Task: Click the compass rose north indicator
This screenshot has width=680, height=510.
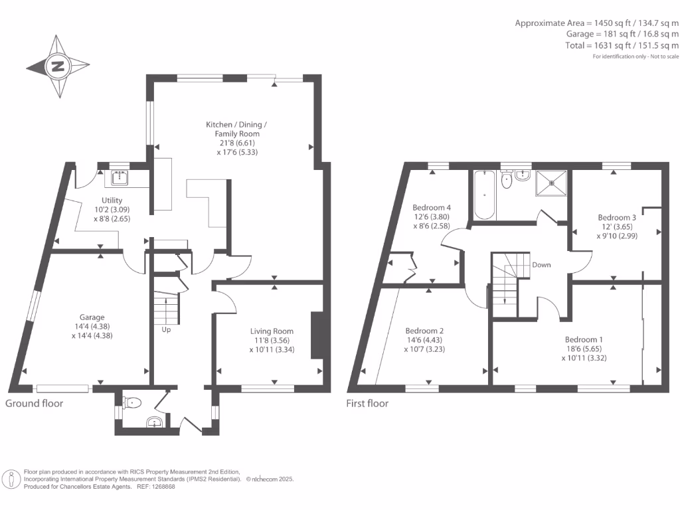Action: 58,66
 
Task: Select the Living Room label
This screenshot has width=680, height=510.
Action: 272,331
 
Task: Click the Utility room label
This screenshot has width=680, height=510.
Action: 112,200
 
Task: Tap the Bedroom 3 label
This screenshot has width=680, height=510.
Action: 617,217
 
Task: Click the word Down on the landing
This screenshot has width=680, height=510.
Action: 541,264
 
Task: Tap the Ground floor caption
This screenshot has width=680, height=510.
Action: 35,403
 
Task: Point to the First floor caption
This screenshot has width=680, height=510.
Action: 367,403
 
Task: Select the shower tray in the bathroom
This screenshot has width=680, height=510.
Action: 551,182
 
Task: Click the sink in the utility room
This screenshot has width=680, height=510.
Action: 120,177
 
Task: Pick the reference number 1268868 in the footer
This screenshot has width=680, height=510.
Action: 162,486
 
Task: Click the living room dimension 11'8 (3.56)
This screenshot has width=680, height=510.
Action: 272,340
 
